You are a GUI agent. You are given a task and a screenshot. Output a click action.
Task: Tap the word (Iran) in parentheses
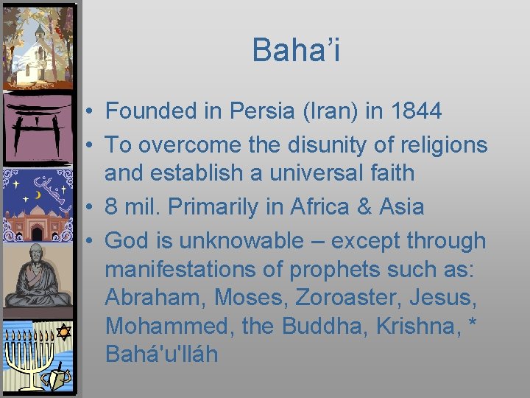319,111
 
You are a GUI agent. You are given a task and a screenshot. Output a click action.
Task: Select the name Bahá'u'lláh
161,355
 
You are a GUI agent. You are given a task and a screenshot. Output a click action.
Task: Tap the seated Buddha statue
37,276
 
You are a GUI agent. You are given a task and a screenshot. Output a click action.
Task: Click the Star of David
64,333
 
